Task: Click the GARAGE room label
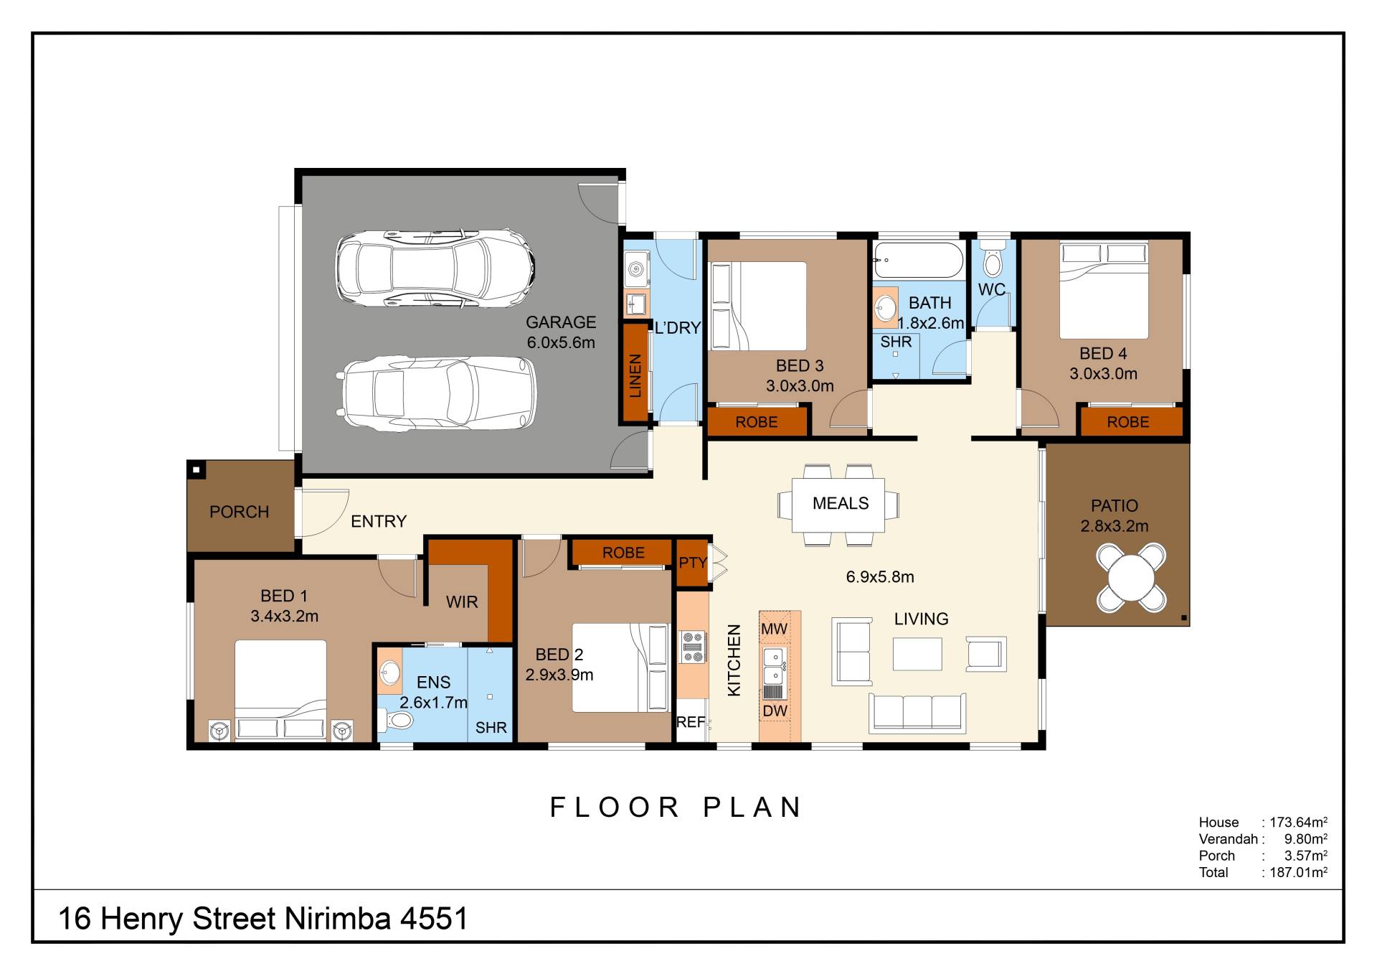(561, 322)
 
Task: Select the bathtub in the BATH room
(919, 260)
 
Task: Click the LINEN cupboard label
(635, 375)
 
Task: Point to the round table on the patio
(1131, 579)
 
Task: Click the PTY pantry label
(693, 563)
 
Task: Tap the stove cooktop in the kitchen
(693, 646)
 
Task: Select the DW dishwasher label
(775, 711)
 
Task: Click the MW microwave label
(774, 629)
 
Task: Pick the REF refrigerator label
(691, 722)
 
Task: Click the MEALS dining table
(838, 505)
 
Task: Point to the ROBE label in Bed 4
(1127, 422)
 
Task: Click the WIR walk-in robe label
(462, 602)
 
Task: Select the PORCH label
(240, 512)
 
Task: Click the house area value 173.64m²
(1298, 822)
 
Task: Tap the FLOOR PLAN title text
(676, 807)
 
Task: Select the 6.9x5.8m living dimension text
(880, 577)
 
